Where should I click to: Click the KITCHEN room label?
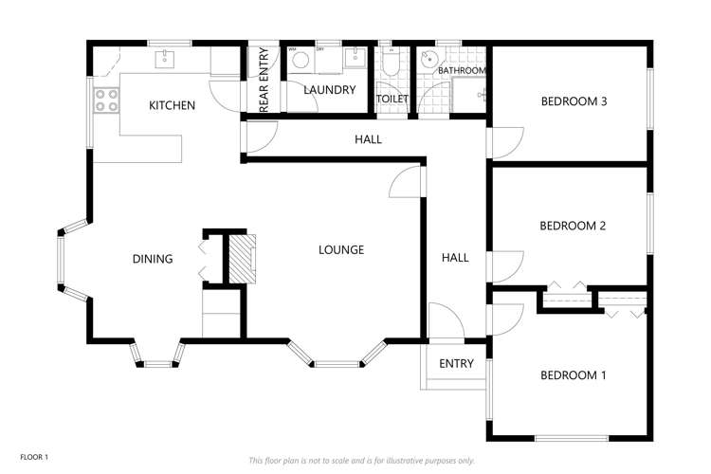172,105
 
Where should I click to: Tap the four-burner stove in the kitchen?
106,100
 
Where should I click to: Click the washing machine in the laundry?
301,60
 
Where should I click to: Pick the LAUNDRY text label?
329,90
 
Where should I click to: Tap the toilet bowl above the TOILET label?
391,64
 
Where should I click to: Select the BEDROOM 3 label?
574,101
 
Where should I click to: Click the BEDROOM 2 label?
573,226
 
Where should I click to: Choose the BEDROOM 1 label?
573,375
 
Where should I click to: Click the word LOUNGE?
341,250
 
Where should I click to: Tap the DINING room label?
152,259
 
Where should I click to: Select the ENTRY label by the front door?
456,364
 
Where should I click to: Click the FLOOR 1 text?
34,457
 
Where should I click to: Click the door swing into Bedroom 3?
502,143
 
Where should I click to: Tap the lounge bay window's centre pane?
337,362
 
